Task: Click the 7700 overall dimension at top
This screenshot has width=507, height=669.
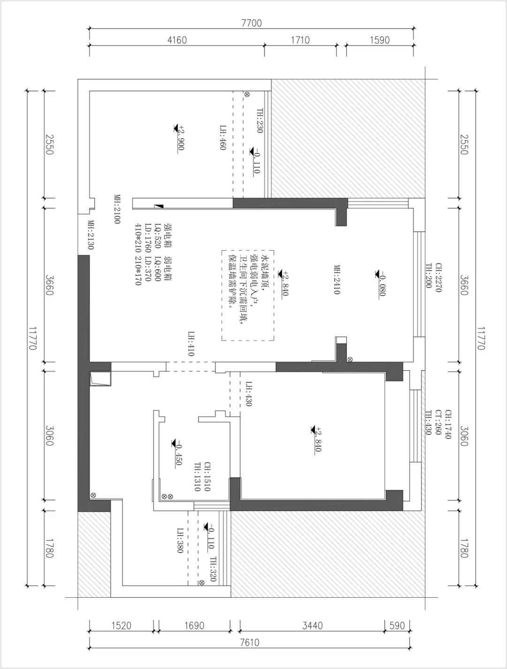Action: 252,23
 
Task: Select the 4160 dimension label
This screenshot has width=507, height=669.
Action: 177,40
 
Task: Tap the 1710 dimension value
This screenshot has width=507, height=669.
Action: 300,40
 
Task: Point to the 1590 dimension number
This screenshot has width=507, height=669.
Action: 380,40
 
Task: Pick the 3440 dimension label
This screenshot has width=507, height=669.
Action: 312,626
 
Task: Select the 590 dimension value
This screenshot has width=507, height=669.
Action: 397,626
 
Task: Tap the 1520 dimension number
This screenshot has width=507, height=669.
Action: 121,626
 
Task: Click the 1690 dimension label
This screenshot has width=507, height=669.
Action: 194,626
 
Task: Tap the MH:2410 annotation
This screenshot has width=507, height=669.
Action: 337,280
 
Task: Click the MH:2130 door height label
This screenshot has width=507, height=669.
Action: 91,235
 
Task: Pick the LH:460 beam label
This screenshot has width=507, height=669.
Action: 223,137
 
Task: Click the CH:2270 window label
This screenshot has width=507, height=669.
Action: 438,278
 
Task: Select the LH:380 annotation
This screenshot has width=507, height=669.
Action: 180,540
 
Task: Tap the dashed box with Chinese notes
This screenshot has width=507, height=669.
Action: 247,296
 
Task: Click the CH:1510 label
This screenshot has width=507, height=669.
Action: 207,476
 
